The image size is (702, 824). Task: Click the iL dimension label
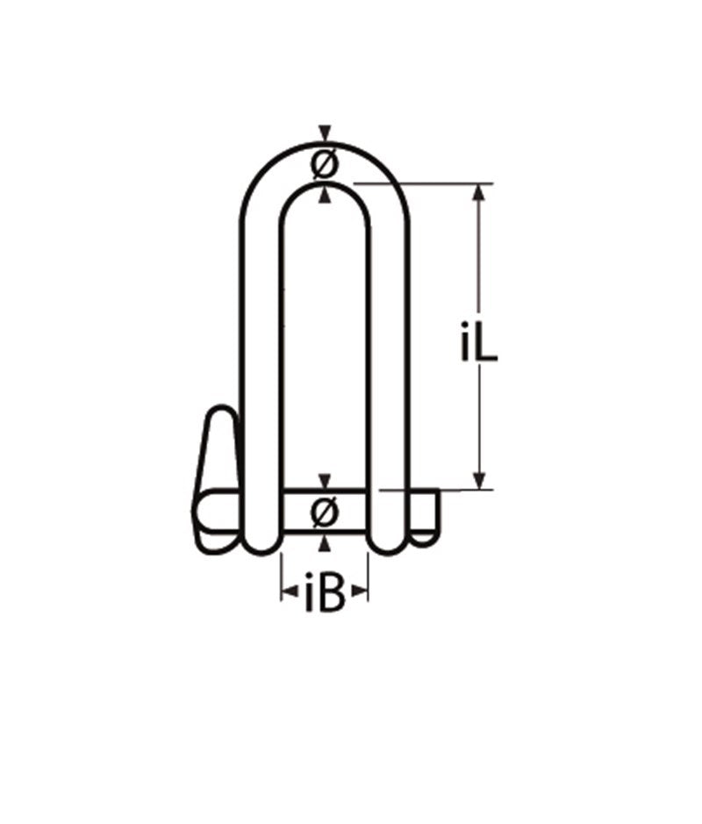[x=479, y=344]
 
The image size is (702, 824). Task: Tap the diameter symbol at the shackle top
[x=325, y=164]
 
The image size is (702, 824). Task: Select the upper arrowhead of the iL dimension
[x=479, y=191]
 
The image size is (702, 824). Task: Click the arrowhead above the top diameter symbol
[x=326, y=134]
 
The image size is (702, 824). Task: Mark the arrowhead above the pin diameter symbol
[x=326, y=481]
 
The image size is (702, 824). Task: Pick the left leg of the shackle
[x=261, y=351]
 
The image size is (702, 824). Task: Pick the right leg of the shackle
[x=388, y=351]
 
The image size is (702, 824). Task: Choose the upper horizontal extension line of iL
[x=421, y=183]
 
